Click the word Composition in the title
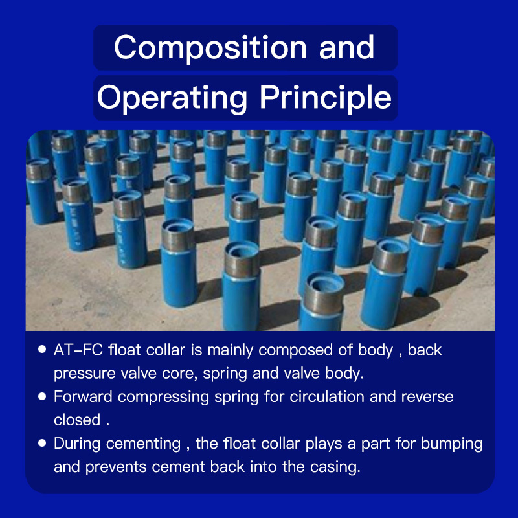coord(210,48)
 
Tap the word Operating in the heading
coord(172,98)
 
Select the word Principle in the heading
coord(326,98)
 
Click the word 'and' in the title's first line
coord(346,47)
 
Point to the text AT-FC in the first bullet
coord(78,350)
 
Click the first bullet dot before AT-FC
coord(42,349)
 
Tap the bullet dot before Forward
coord(42,396)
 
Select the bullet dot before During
coord(42,443)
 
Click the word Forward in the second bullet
coord(83,397)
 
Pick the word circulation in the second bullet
coord(327,397)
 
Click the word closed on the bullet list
coord(77,420)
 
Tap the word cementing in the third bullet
coord(143,444)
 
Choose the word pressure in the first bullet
coord(85,374)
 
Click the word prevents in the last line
coord(116,467)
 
